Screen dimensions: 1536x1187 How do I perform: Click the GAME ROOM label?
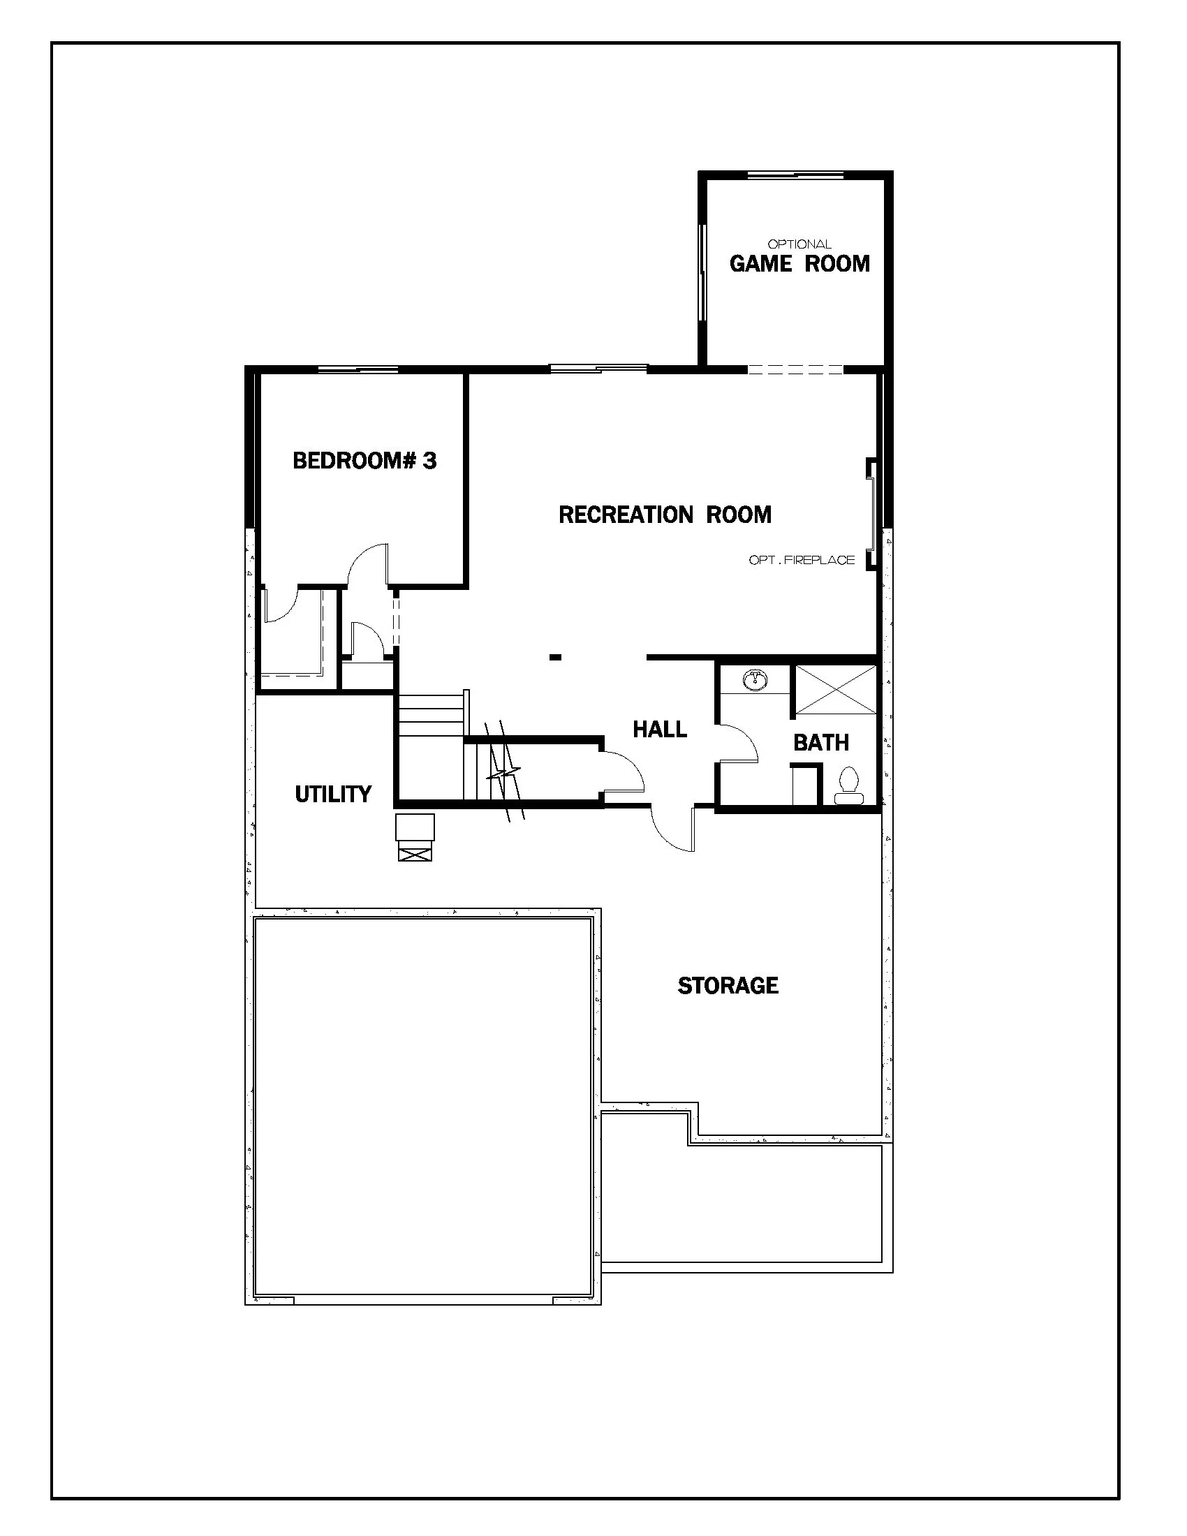click(x=799, y=264)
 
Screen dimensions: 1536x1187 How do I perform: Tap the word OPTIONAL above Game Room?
click(x=799, y=244)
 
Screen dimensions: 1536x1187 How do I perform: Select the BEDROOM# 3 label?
click(x=364, y=461)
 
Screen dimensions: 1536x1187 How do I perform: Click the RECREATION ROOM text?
click(x=665, y=515)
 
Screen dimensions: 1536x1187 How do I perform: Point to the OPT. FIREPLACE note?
click(x=802, y=560)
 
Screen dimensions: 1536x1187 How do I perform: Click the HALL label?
click(x=660, y=730)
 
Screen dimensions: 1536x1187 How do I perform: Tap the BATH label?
click(x=820, y=742)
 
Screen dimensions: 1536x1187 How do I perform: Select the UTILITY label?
click(x=332, y=794)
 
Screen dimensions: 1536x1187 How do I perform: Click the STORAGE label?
click(x=728, y=985)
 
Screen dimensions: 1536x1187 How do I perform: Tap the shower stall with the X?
click(x=835, y=689)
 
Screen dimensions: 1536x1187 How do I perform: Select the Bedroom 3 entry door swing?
click(x=367, y=563)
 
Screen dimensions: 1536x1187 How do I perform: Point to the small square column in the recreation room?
click(x=555, y=658)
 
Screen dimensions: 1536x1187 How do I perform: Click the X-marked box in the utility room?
click(x=415, y=854)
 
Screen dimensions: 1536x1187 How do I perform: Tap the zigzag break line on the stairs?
click(x=505, y=774)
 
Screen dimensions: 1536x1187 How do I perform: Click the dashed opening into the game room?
click(x=795, y=370)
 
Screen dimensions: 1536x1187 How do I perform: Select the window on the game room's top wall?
click(x=795, y=174)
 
